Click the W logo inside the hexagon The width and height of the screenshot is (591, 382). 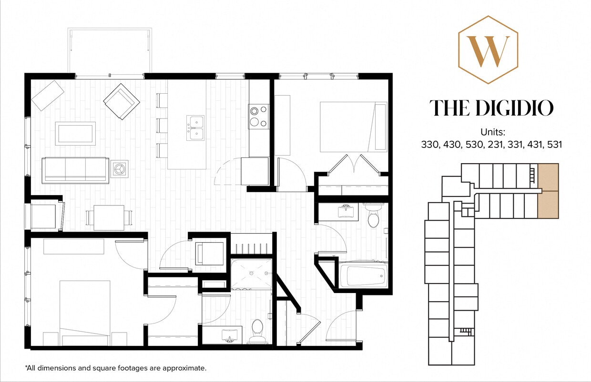pos(488,51)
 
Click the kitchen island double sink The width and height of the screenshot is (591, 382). pos(195,127)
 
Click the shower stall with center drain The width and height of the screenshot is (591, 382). pos(251,275)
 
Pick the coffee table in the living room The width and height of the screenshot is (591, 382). pos(75,133)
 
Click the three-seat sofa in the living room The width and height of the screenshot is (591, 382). pos(75,169)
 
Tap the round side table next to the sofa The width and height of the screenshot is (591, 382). pos(119,169)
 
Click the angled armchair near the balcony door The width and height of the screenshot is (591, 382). pos(121,101)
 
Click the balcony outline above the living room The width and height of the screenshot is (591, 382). pos(110,50)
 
